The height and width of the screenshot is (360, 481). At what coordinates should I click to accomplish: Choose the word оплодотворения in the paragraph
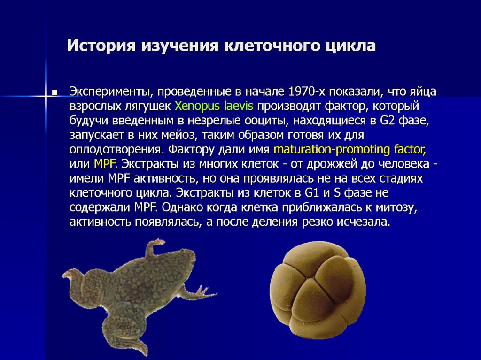[x=115, y=150]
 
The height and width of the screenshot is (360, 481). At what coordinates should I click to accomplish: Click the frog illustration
[x=141, y=291]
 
